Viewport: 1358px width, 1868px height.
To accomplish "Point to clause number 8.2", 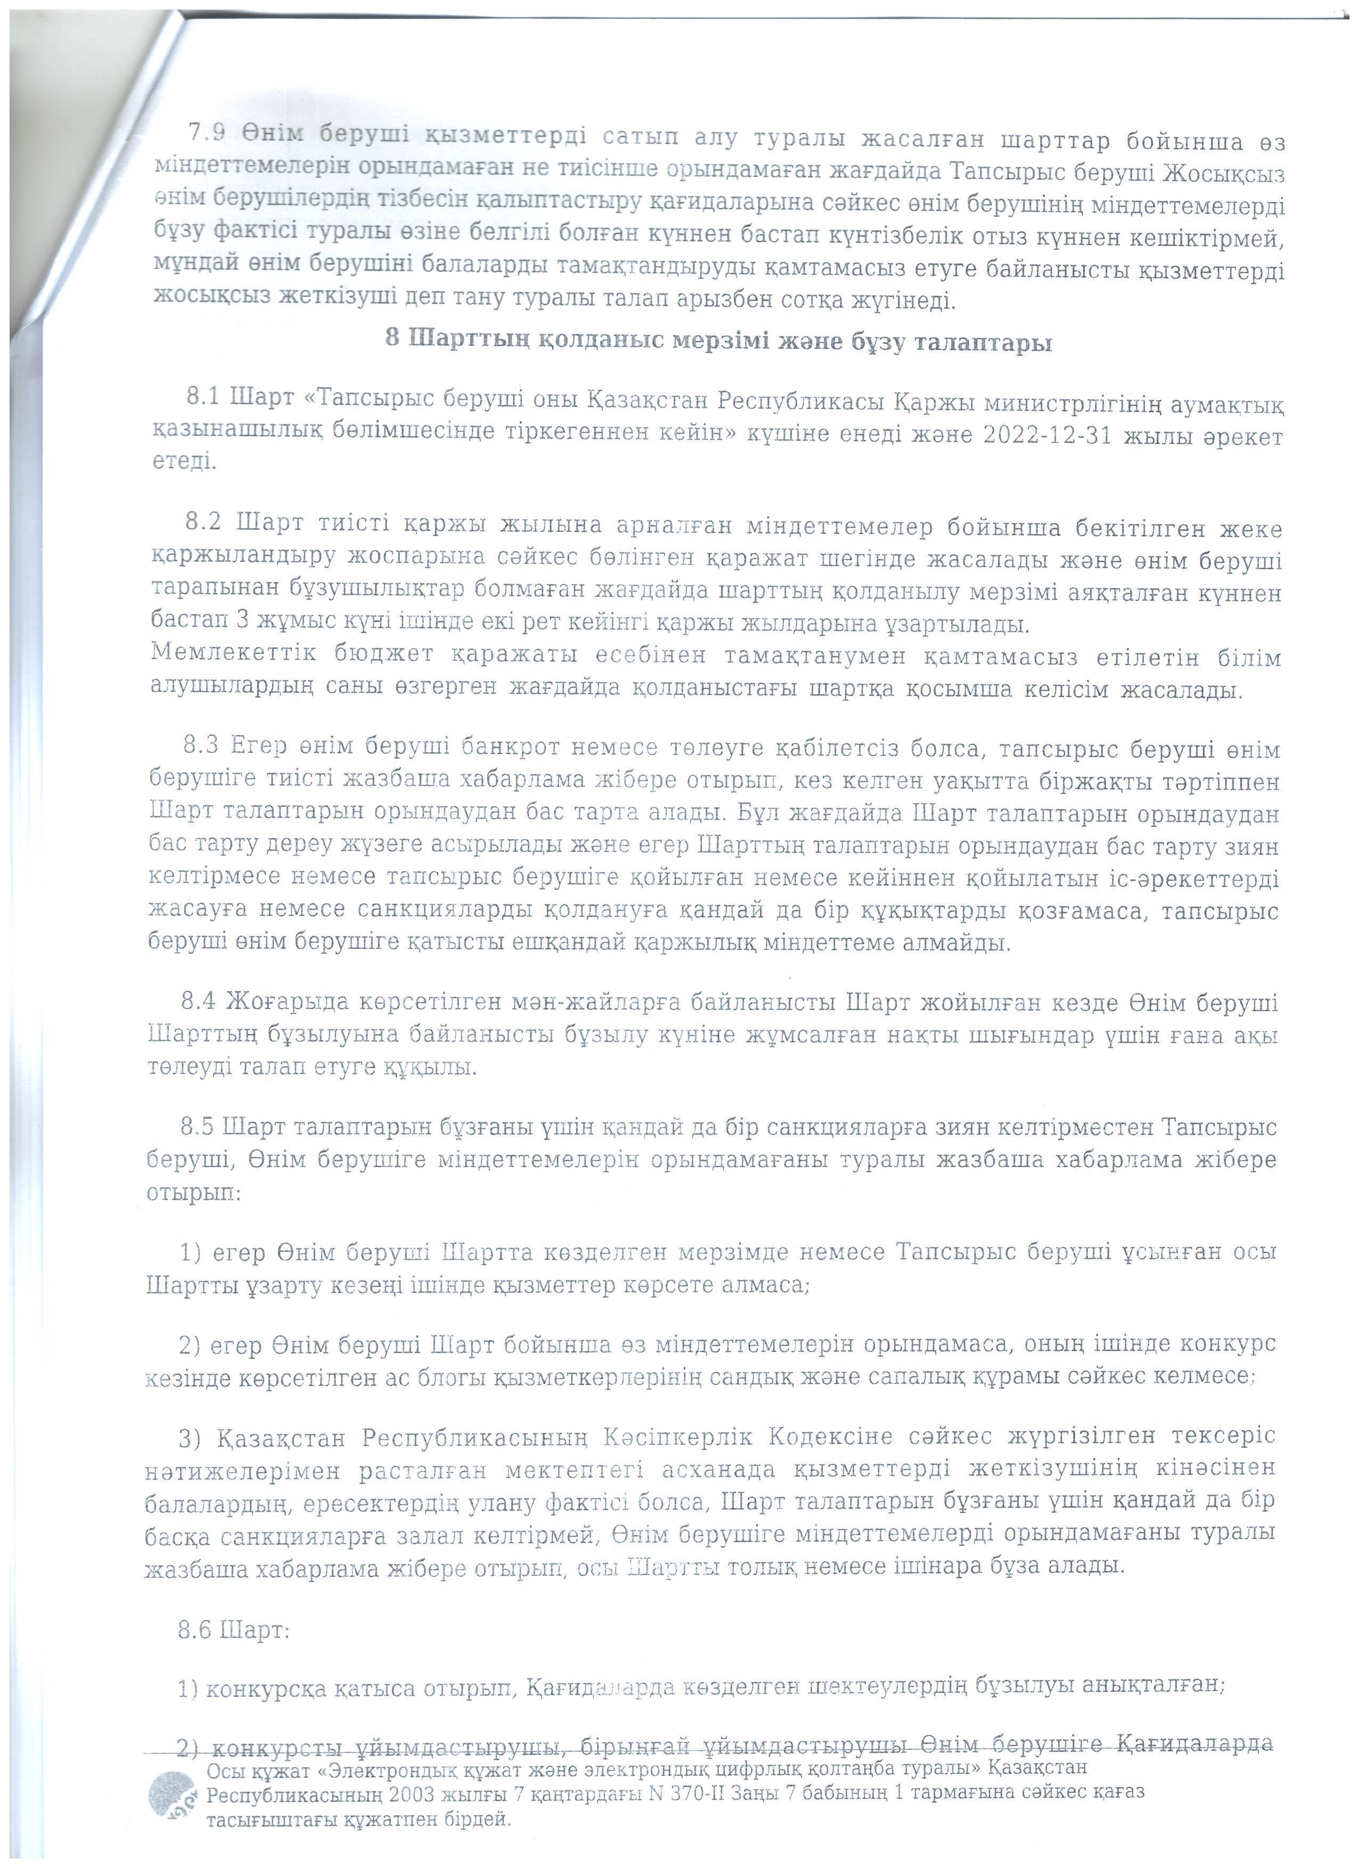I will [x=202, y=522].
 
